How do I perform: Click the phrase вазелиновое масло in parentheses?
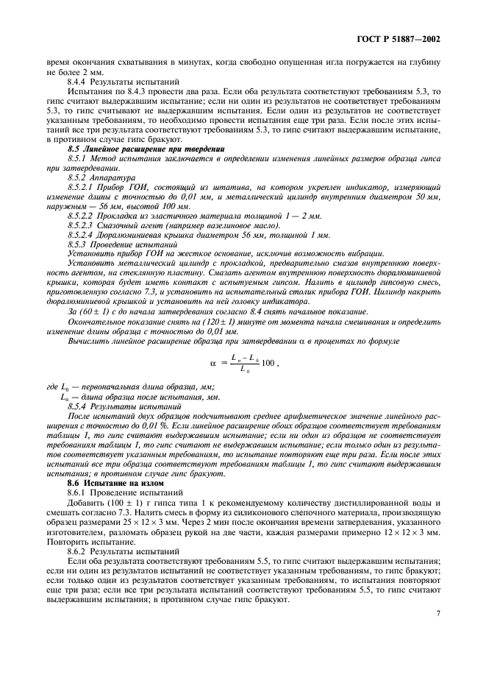click(226, 225)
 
